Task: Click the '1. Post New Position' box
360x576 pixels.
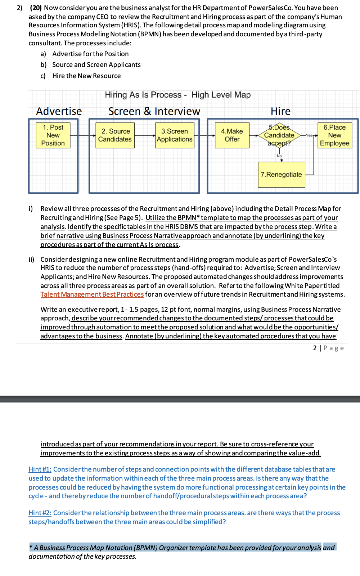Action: (x=53, y=135)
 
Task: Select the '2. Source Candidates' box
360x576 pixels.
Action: (x=115, y=135)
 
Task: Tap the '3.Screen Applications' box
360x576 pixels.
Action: (x=175, y=135)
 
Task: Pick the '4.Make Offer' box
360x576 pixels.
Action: (x=232, y=135)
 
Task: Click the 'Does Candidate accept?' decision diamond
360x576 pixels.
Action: (x=279, y=135)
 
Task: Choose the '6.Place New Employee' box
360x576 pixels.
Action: (x=334, y=135)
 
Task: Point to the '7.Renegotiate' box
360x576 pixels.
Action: (x=281, y=175)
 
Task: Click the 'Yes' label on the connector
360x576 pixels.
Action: (x=309, y=135)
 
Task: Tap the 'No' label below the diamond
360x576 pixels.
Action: (x=279, y=156)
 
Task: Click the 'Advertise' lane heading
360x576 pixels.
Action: (x=59, y=111)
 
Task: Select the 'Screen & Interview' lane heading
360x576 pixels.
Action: (x=154, y=111)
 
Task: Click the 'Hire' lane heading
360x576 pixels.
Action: (x=280, y=111)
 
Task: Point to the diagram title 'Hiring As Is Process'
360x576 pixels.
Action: (x=143, y=95)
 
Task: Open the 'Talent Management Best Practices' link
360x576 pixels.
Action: (x=92, y=294)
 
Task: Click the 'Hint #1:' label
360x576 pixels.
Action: (x=40, y=469)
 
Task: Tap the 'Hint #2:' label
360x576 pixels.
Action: (x=40, y=513)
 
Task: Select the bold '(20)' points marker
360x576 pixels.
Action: (x=36, y=8)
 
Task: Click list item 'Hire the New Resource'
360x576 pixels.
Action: (x=86, y=76)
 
